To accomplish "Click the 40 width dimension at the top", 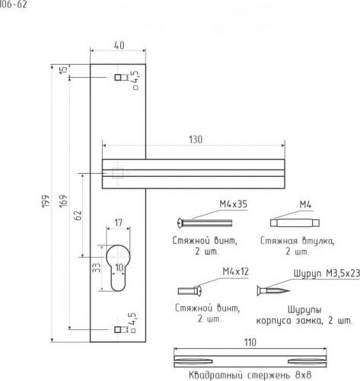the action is coord(119,45).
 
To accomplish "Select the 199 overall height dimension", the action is coord(46,201).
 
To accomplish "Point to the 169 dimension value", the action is coord(63,201).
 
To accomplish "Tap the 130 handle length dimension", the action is coord(196,139).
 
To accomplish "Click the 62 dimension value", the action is coord(78,216).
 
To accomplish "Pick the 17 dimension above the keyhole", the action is coord(119,223).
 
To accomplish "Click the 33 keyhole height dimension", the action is coord(97,267).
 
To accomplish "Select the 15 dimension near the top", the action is coord(64,70).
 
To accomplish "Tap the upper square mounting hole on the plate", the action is coord(118,77).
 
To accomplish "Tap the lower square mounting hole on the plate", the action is coord(117,330).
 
